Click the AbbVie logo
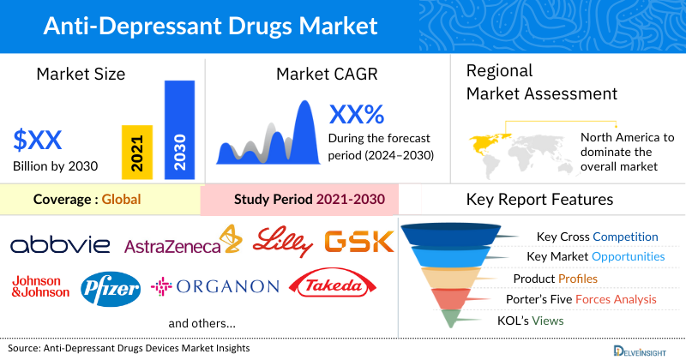tap(60, 245)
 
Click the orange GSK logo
tap(359, 241)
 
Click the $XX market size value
tap(39, 139)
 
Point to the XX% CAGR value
tap(358, 114)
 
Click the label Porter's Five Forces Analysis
tap(584, 299)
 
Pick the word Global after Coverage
tap(121, 200)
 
